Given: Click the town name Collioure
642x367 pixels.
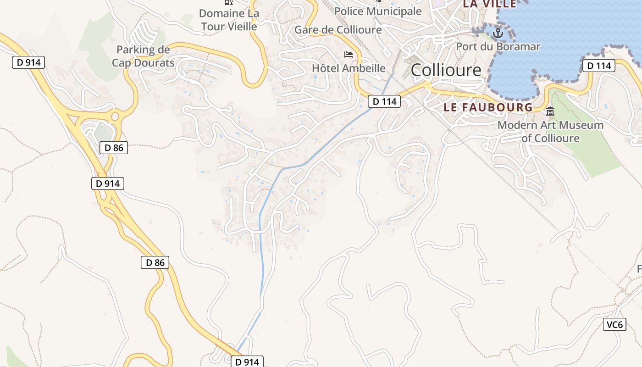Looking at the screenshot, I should pos(446,70).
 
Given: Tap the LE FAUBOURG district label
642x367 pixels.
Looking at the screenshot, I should pos(488,107).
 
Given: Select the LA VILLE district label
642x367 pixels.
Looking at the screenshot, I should pos(489,4).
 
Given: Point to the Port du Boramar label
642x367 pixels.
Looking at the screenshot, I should pos(498,46).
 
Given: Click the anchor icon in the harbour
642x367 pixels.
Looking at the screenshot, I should pos(498,33).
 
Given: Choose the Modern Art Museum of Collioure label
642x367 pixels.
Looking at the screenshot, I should pos(550,131).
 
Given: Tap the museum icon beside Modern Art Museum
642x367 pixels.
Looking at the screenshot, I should pos(550,111).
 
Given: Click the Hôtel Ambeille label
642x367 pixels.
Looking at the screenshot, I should pos(349,68).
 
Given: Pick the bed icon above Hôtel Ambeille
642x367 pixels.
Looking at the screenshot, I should pos(349,55).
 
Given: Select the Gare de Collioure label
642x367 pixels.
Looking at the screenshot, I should pos(338,30).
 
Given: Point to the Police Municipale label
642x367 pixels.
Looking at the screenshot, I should pos(378,11).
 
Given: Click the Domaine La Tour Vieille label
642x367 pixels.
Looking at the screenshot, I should pos(229,20).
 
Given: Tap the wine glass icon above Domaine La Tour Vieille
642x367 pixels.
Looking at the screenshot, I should pos(228,2).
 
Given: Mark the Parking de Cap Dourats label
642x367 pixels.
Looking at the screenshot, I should pos(143,56).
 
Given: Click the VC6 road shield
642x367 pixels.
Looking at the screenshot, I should pos(614,325).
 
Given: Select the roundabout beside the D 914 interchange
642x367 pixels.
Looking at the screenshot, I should pos(114,117).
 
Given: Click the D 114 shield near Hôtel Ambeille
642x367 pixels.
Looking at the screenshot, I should pos(384,101).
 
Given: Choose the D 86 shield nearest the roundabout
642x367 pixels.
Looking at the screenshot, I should pos(114,147).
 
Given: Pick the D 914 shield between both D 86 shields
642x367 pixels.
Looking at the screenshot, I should pos(108,183).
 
